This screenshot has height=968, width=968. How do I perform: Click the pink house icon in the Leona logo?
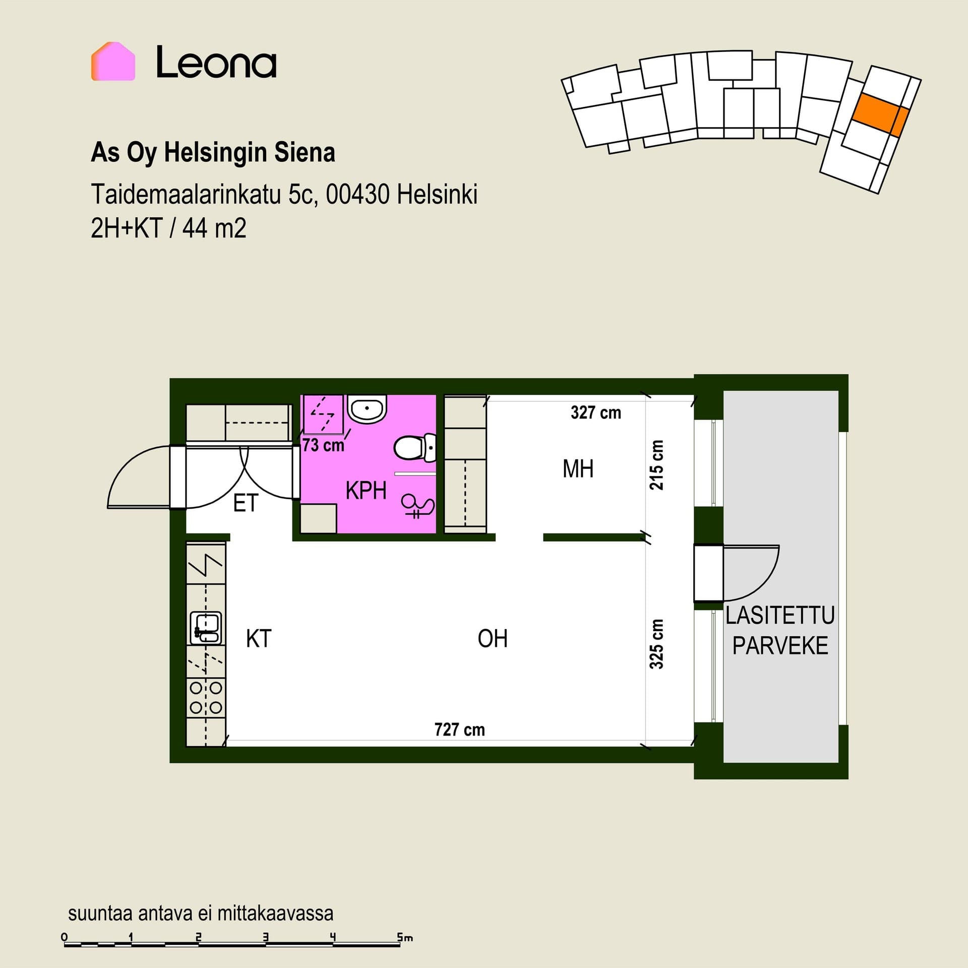click(x=113, y=61)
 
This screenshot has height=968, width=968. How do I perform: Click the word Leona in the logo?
click(x=216, y=62)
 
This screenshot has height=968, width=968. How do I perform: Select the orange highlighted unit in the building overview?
click(x=880, y=114)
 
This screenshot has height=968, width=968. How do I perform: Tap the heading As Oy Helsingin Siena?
click(x=213, y=153)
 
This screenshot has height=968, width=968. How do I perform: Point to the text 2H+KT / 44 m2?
click(x=168, y=228)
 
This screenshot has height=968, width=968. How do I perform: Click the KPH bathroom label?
click(x=366, y=491)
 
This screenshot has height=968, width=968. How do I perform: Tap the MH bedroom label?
click(x=578, y=469)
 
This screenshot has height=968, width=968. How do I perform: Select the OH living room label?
click(x=493, y=639)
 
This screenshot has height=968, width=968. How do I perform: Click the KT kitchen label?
click(x=259, y=639)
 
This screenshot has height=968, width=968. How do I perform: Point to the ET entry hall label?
click(x=246, y=503)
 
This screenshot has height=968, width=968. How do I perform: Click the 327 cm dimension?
click(x=595, y=413)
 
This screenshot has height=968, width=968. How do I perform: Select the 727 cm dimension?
click(x=459, y=730)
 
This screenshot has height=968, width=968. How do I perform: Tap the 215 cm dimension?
click(x=656, y=465)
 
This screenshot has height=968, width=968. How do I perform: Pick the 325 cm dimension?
click(x=656, y=644)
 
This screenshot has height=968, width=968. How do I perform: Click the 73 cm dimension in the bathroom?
click(x=323, y=445)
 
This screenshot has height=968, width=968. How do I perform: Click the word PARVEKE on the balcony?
click(x=780, y=646)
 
